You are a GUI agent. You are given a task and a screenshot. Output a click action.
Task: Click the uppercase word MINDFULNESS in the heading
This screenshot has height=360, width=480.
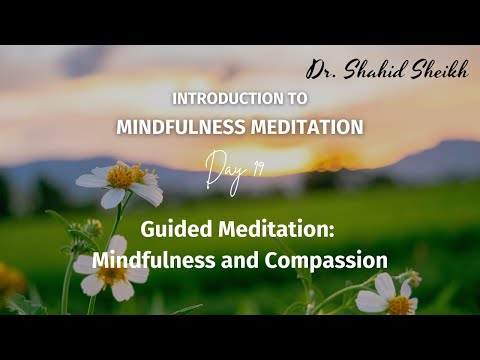[x=173, y=127]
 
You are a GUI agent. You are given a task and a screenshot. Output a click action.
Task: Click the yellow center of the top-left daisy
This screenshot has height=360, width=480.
[x=122, y=178]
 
